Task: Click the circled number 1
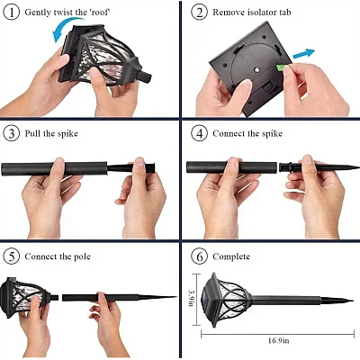11,13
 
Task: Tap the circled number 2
199,13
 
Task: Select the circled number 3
11,133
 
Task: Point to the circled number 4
199,133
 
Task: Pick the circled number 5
11,255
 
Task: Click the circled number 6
199,255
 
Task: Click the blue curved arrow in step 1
65,35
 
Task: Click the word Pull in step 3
33,133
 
